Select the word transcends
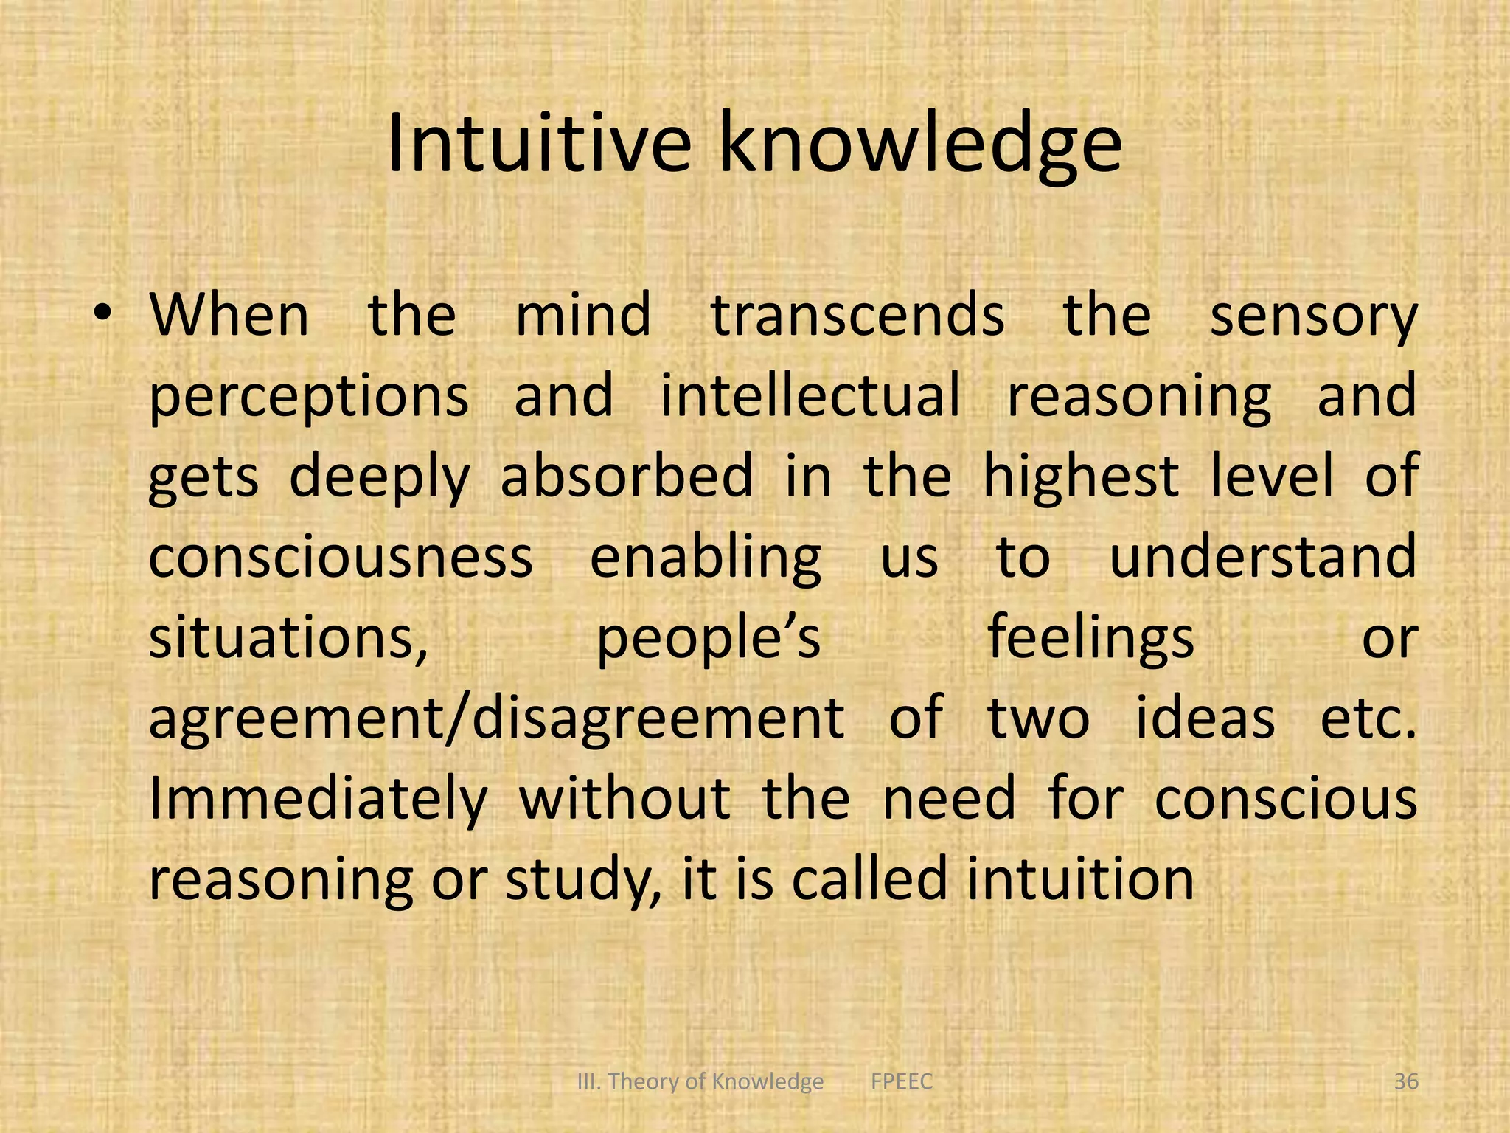[x=857, y=316]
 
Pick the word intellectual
[x=810, y=395]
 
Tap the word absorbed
[x=627, y=476]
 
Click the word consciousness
[x=340, y=558]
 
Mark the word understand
[x=1263, y=557]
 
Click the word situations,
[x=288, y=639]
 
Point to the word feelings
[x=1090, y=639]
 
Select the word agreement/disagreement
[x=495, y=719]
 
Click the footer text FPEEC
[x=901, y=1082]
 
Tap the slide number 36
[x=1406, y=1082]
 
